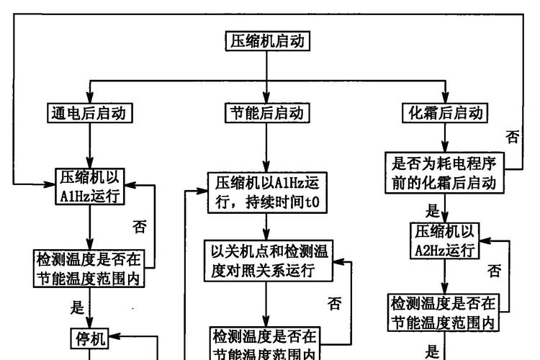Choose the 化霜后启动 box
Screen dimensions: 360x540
click(x=444, y=113)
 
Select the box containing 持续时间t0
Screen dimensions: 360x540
click(x=267, y=193)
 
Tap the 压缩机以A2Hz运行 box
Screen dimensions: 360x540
click(x=444, y=240)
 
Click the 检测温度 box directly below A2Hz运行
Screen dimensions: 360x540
click(x=444, y=312)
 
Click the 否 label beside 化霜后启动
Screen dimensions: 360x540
click(x=512, y=137)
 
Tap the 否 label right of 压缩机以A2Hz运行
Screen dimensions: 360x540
click(x=495, y=271)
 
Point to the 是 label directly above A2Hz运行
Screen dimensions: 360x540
click(x=433, y=211)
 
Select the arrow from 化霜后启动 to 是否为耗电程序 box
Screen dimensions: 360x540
click(x=444, y=137)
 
